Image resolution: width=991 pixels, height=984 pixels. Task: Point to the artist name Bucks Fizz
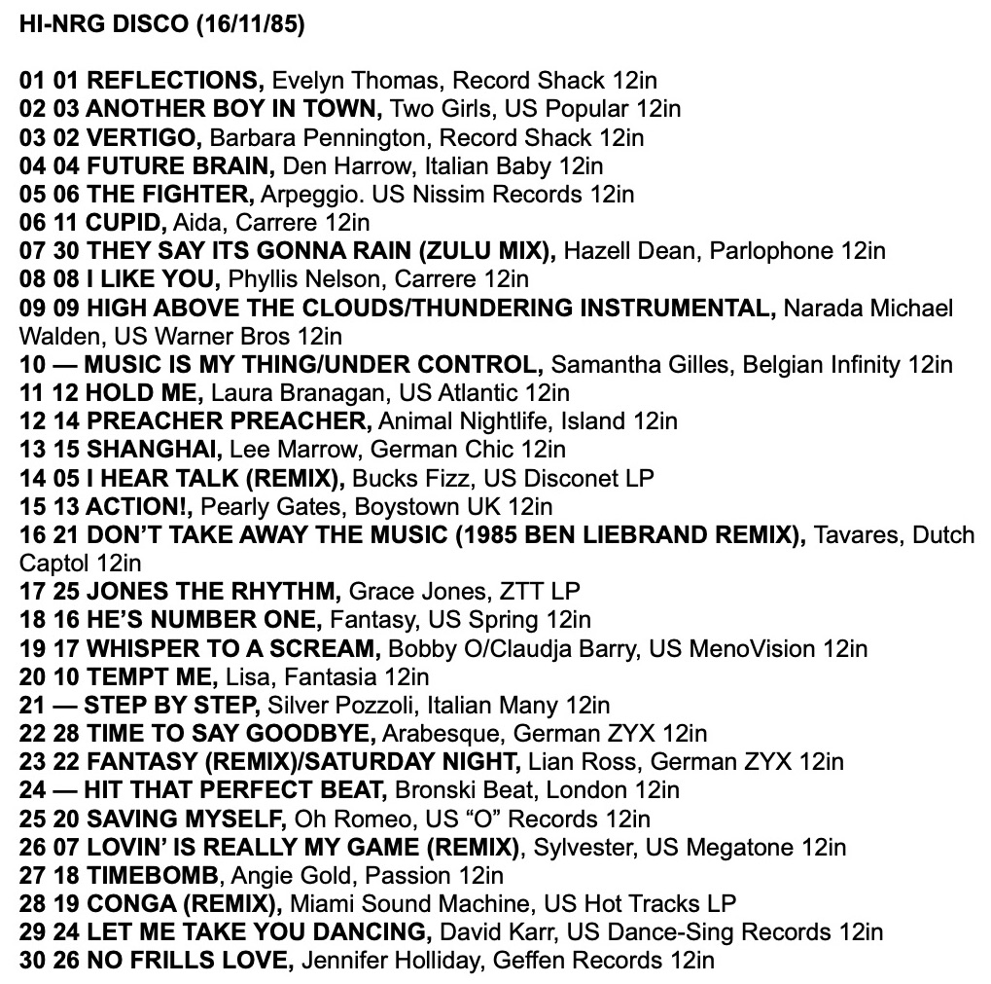(406, 478)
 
